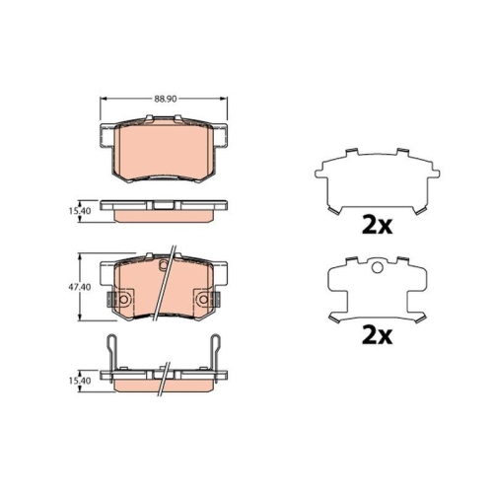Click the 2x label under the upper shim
(x=377, y=224)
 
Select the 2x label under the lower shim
(x=377, y=335)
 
